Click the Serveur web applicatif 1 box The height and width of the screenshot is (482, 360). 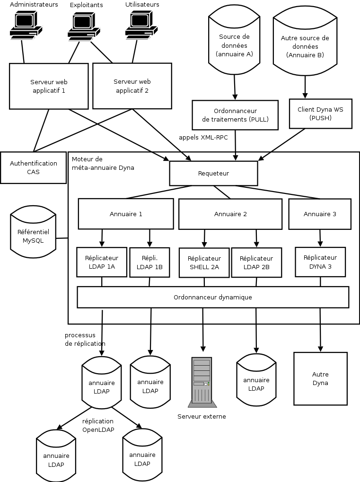(x=49, y=86)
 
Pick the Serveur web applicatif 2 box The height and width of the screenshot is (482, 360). (x=132, y=86)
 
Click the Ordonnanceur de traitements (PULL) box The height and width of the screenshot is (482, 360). (x=235, y=115)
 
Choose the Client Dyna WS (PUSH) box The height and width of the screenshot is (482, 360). (x=320, y=114)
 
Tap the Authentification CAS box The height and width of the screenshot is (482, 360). (x=33, y=167)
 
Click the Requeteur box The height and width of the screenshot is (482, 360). (x=213, y=174)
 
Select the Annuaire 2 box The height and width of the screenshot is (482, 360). (x=230, y=214)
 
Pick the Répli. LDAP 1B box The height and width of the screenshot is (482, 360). (x=149, y=262)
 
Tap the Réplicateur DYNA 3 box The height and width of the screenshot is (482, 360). (x=320, y=262)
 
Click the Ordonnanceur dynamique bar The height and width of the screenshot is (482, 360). (x=213, y=298)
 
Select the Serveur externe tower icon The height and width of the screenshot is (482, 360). (x=202, y=382)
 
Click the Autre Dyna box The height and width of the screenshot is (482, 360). (x=320, y=378)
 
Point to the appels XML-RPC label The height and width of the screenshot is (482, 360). (x=203, y=137)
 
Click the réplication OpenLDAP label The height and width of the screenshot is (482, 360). (x=98, y=425)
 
